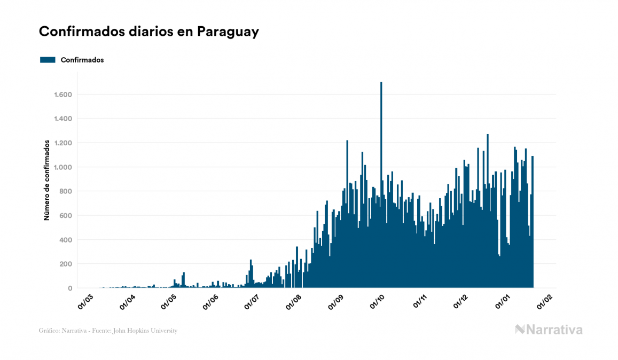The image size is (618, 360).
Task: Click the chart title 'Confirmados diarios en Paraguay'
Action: click(x=149, y=32)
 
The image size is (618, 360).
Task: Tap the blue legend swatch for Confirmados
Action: click(x=48, y=60)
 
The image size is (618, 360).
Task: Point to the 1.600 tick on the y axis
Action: click(x=63, y=95)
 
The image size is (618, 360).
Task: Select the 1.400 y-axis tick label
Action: click(x=63, y=119)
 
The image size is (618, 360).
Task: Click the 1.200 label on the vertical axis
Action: click(x=63, y=143)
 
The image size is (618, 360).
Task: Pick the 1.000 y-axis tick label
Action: click(x=63, y=167)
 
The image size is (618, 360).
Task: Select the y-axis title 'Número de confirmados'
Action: click(x=47, y=180)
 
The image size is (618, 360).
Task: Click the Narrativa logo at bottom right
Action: click(x=549, y=330)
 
